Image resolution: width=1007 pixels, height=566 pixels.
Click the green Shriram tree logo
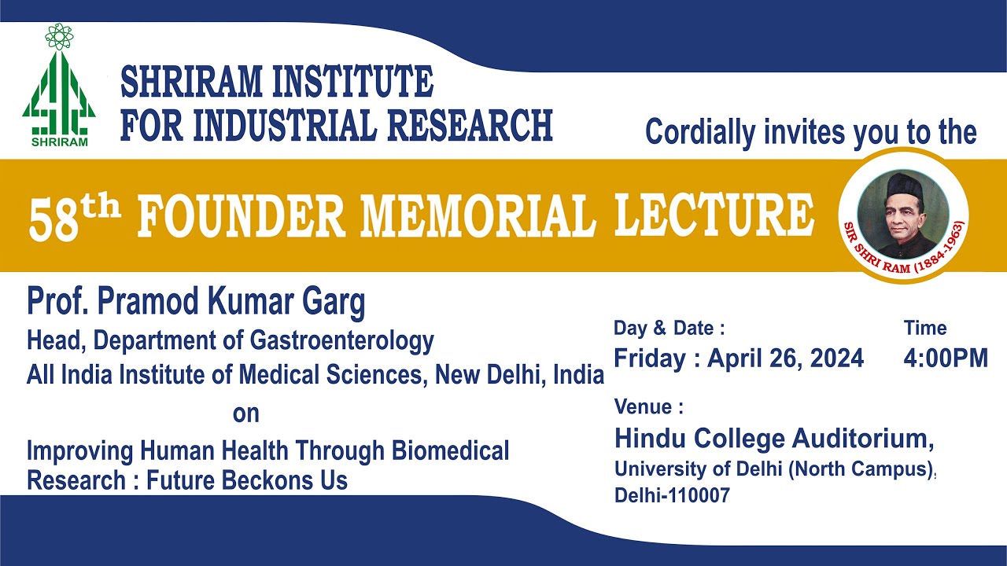click(x=59, y=90)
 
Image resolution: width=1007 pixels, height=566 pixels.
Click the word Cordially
click(x=701, y=133)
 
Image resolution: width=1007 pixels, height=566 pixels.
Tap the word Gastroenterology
click(x=342, y=340)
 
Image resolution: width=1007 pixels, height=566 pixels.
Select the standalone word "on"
click(x=245, y=413)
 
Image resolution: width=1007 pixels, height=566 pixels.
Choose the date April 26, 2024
click(x=785, y=358)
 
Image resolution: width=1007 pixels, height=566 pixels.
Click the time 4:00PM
click(x=946, y=358)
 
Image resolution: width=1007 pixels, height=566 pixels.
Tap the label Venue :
click(x=648, y=407)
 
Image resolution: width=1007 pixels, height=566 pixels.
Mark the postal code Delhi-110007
click(x=672, y=496)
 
